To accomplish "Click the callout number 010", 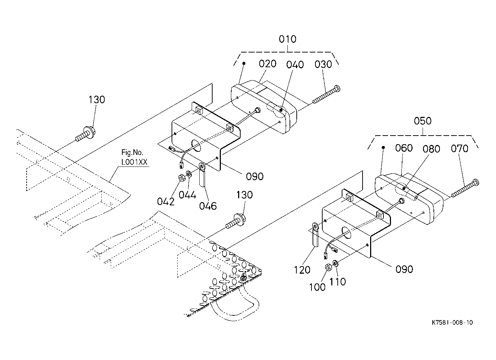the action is click(287, 39).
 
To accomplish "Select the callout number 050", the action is click(423, 121).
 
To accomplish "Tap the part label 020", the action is click(268, 64).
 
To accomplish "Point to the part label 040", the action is click(295, 65).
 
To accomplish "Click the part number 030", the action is click(323, 64).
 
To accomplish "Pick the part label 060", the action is click(404, 148).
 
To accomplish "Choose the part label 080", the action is click(431, 149).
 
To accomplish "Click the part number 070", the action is click(460, 149).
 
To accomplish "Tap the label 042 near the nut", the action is click(165, 202).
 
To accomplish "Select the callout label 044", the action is click(187, 195).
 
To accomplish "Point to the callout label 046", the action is click(208, 206).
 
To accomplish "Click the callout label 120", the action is click(302, 270).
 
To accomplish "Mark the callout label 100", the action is click(317, 287).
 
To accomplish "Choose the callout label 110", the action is click(337, 282).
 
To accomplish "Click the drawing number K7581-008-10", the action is click(452, 323).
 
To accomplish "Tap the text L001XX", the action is click(134, 162).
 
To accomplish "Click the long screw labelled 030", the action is click(326, 95).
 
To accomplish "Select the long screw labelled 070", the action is click(465, 188).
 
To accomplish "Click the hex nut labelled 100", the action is click(328, 267).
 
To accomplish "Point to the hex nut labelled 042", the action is click(182, 178).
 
